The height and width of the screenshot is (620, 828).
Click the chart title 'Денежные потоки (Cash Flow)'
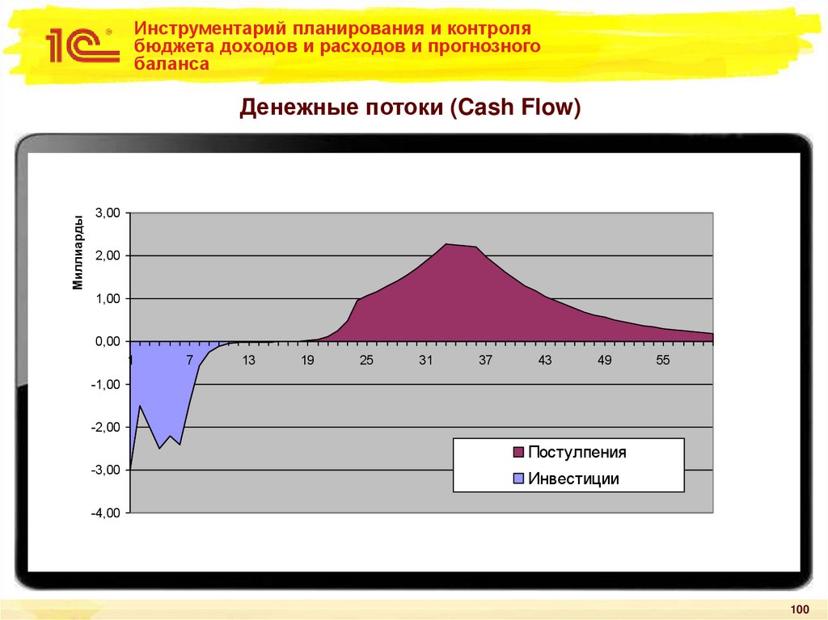click(x=410, y=108)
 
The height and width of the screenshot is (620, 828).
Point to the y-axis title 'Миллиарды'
click(x=78, y=252)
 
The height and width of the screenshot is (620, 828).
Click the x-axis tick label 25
click(x=366, y=361)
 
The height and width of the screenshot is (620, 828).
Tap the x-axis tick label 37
click(x=485, y=361)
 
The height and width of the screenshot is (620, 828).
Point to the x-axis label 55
click(x=663, y=361)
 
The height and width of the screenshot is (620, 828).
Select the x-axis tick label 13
click(x=248, y=361)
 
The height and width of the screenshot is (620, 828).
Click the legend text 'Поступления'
click(x=577, y=453)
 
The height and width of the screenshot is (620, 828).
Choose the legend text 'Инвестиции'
click(x=573, y=479)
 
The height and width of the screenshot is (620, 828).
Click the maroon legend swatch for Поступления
click(x=518, y=453)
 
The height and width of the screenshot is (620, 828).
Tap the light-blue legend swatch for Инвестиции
click(x=518, y=479)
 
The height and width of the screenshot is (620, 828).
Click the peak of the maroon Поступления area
click(x=447, y=244)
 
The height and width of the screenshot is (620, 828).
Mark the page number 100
click(x=799, y=609)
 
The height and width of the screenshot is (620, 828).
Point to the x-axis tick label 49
click(x=604, y=361)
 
